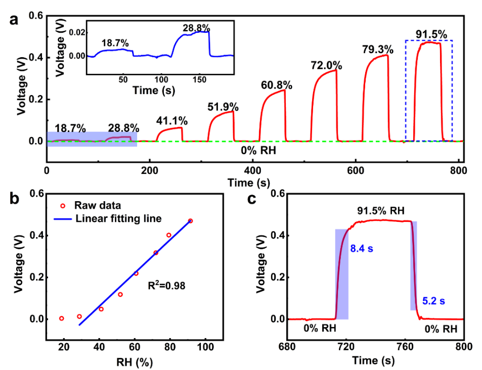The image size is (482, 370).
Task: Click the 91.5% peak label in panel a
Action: tap(431, 34)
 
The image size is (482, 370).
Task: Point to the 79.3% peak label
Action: tap(377, 49)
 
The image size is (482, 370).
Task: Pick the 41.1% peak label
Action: tap(172, 121)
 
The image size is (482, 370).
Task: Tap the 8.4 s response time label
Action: tap(362, 248)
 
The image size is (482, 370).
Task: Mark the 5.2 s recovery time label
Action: tap(435, 301)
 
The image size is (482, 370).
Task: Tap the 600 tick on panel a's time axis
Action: tap(304, 170)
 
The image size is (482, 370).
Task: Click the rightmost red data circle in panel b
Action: tap(190, 221)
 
